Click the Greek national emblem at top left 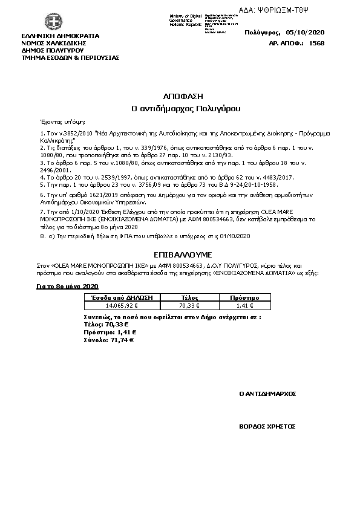click(x=35, y=24)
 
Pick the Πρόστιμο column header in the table click(x=245, y=298)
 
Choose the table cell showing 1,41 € click(x=245, y=306)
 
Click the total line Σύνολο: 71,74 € click(x=108, y=340)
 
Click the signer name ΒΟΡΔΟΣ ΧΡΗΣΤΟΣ click(x=267, y=426)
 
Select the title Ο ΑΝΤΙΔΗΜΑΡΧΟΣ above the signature click(x=267, y=394)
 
